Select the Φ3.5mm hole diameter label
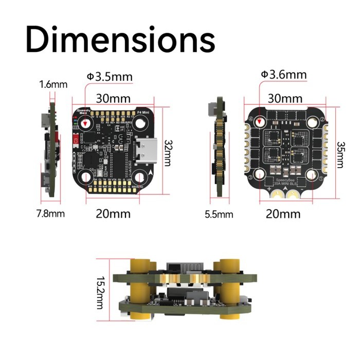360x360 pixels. click(x=110, y=77)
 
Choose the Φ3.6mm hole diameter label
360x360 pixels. click(x=283, y=75)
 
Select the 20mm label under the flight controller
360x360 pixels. click(x=113, y=213)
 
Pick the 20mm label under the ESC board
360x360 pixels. click(x=283, y=213)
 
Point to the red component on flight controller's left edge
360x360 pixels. click(x=76, y=140)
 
